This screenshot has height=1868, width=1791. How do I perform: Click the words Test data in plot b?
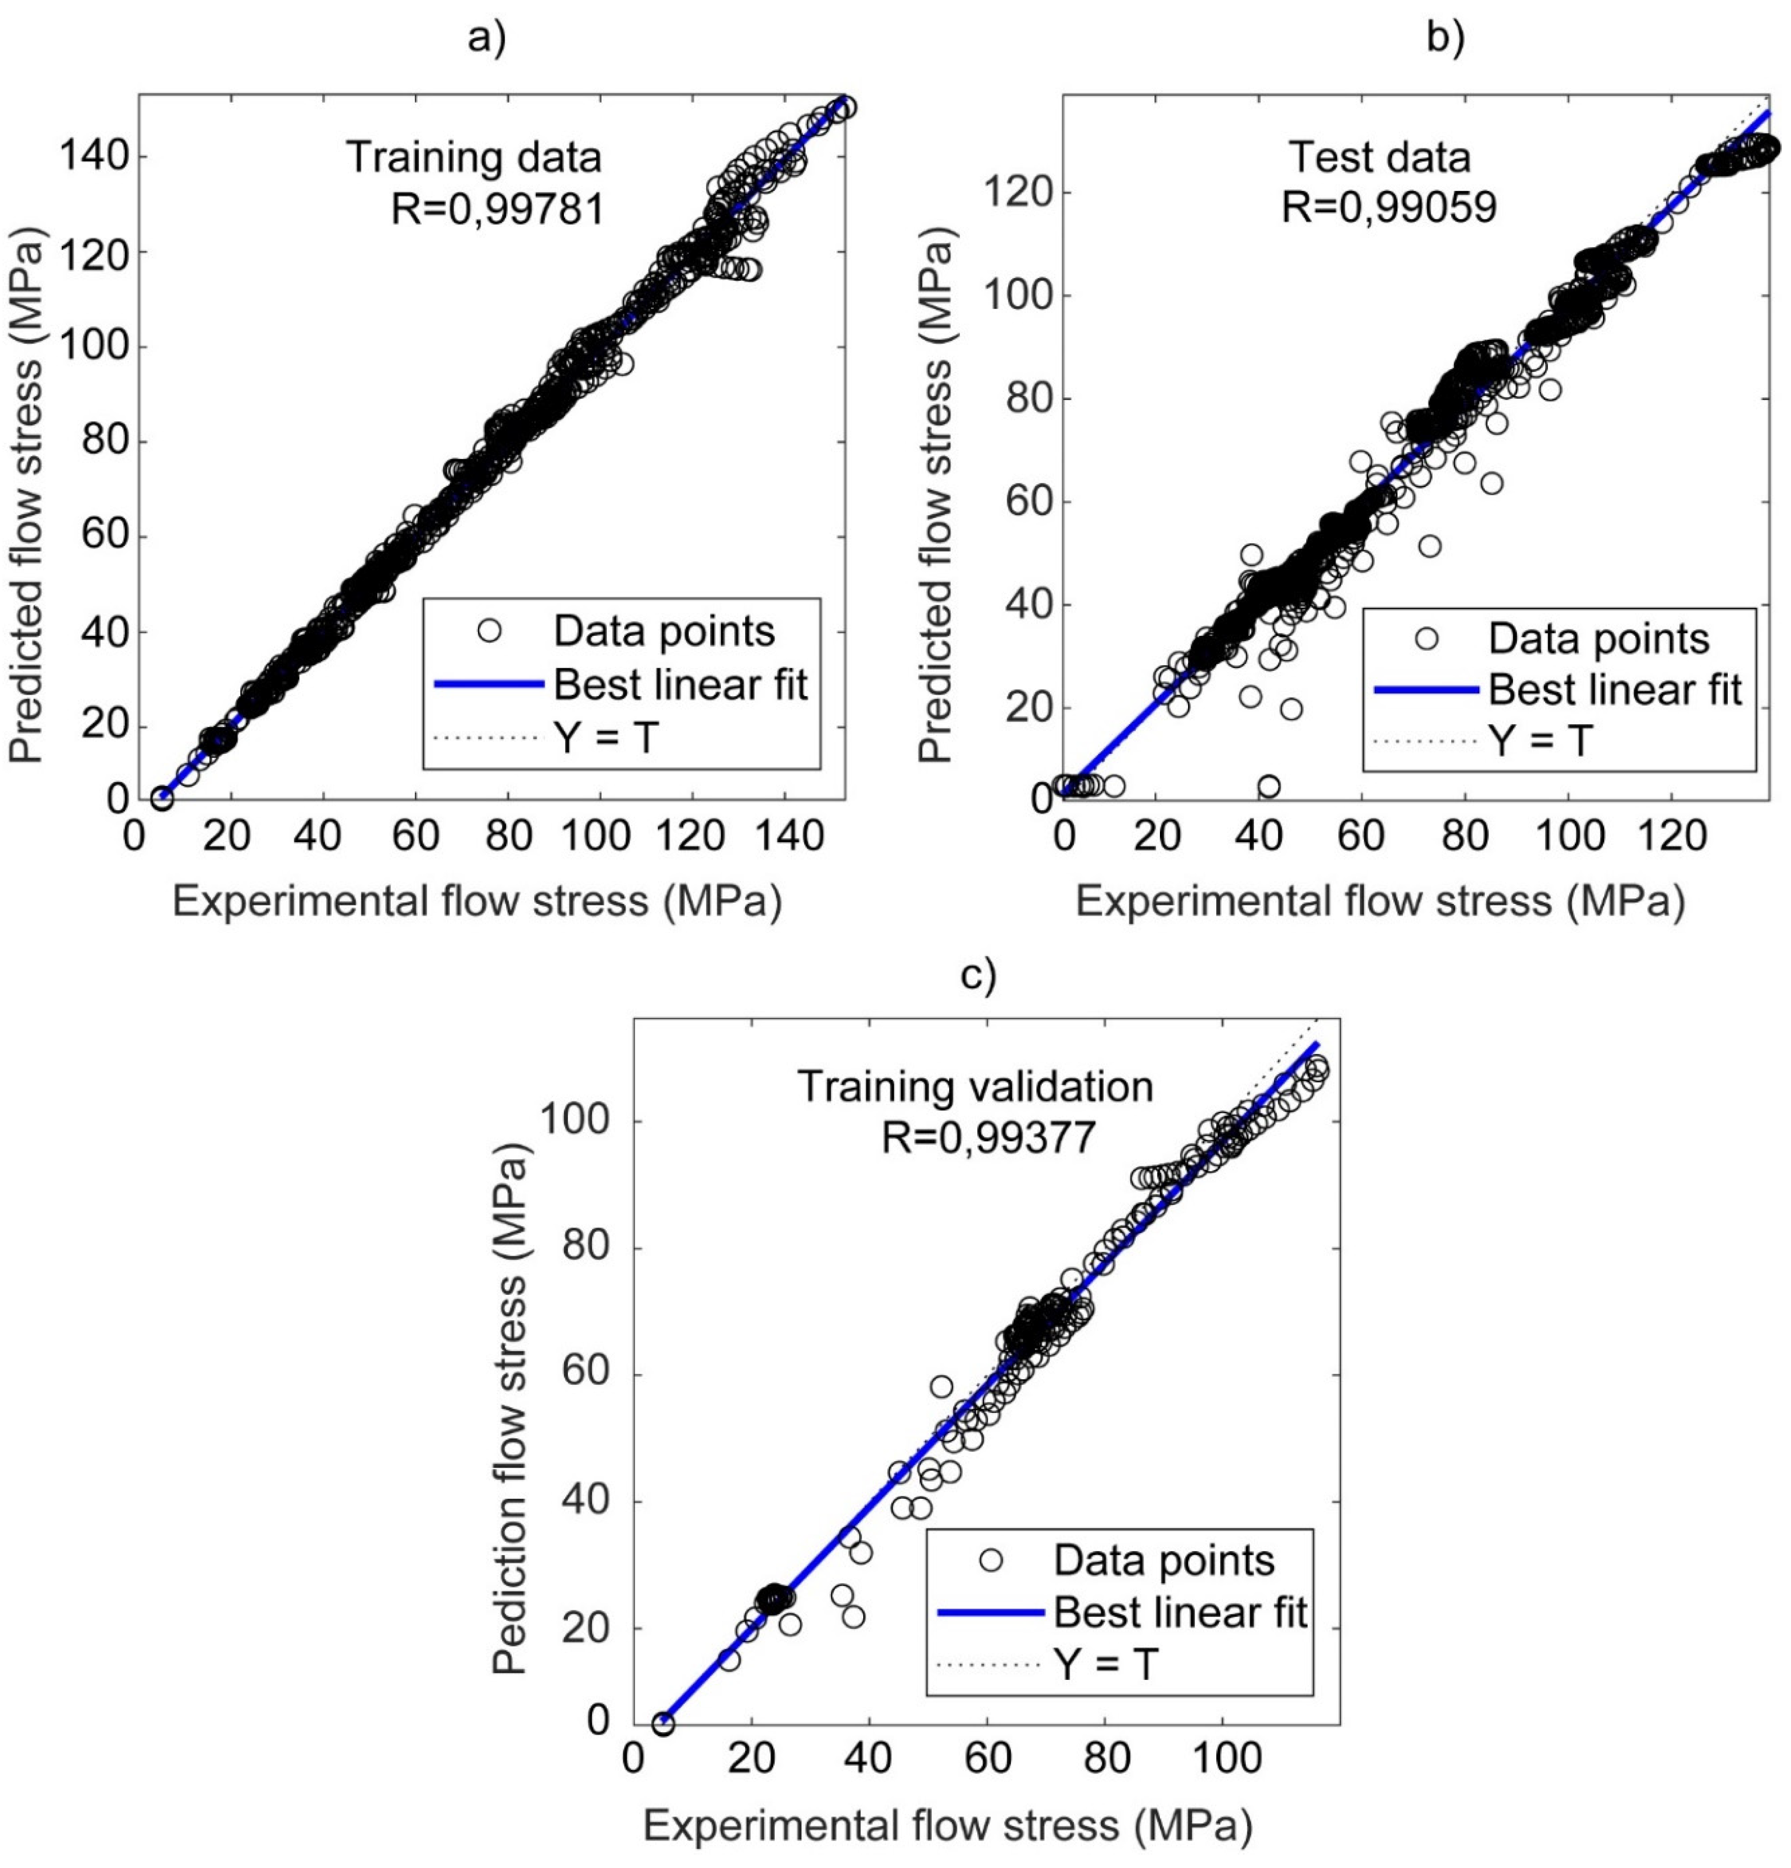(1379, 156)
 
